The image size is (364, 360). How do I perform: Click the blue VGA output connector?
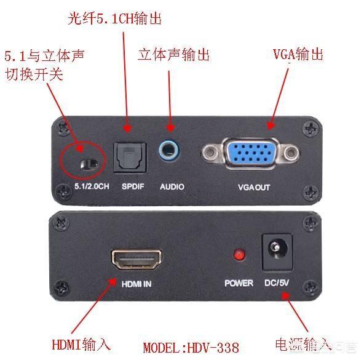(251, 153)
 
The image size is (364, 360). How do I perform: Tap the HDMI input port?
(136, 259)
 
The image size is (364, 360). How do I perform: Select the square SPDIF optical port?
(130, 158)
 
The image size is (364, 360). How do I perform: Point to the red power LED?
(239, 255)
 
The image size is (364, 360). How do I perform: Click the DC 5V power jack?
(277, 252)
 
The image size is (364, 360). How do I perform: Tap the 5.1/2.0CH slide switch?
(89, 164)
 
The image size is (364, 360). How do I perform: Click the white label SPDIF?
(133, 186)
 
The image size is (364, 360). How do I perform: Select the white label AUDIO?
(172, 186)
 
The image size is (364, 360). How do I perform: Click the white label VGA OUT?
(254, 187)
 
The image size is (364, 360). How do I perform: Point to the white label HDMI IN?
(136, 284)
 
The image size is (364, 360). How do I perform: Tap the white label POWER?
(239, 283)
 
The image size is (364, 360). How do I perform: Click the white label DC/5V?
(277, 282)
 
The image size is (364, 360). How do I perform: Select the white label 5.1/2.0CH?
(92, 186)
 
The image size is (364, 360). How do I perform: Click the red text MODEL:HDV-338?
(191, 348)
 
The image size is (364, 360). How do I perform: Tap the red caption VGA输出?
(298, 54)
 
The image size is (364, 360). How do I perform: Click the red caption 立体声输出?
(173, 55)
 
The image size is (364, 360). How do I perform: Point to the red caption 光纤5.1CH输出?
(115, 18)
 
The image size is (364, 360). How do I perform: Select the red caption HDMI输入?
(81, 345)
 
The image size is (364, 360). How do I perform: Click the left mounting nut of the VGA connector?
(210, 153)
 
